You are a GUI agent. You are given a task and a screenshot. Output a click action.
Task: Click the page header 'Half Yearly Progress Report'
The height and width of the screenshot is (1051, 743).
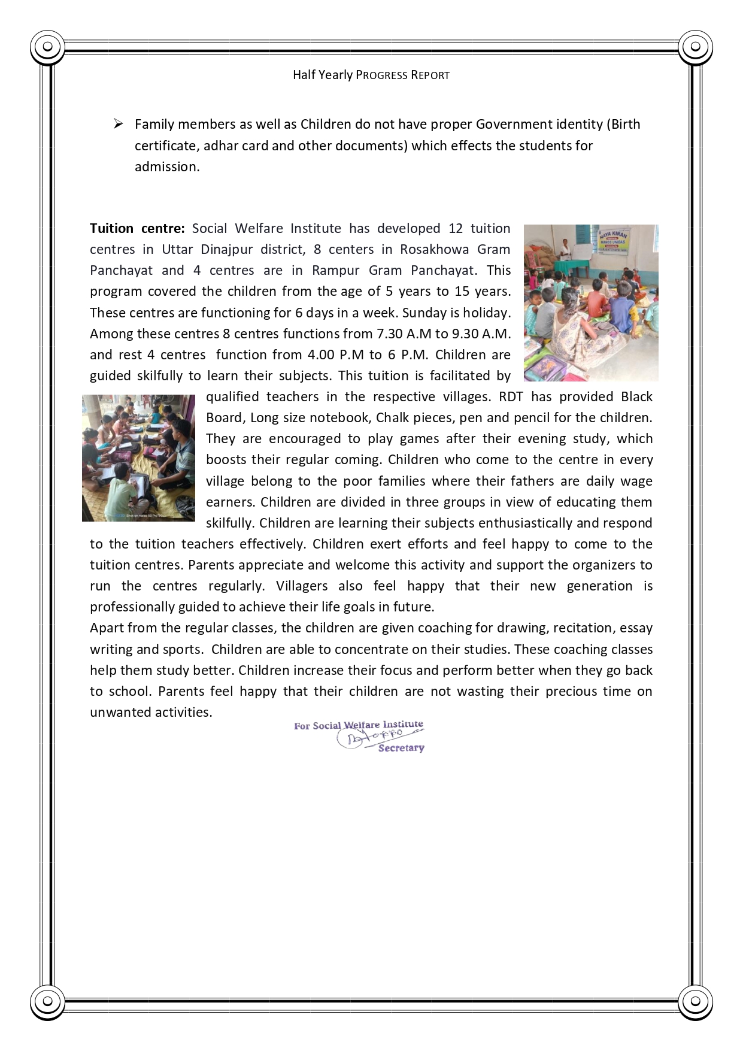coord(371,75)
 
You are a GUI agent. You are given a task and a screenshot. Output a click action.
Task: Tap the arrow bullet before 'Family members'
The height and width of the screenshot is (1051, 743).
coord(118,124)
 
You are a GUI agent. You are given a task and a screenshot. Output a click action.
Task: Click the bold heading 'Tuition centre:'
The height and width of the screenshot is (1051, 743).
coord(137,228)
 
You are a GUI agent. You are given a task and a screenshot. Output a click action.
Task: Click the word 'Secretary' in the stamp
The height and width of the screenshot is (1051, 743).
coord(401,748)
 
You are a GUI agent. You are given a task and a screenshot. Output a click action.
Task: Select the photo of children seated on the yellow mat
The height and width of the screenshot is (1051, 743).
coord(138,458)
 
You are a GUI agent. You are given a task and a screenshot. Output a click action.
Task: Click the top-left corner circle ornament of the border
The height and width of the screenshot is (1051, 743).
coord(48,47)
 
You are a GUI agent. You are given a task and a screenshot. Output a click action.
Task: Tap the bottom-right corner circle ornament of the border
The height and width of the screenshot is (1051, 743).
coord(695,1001)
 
